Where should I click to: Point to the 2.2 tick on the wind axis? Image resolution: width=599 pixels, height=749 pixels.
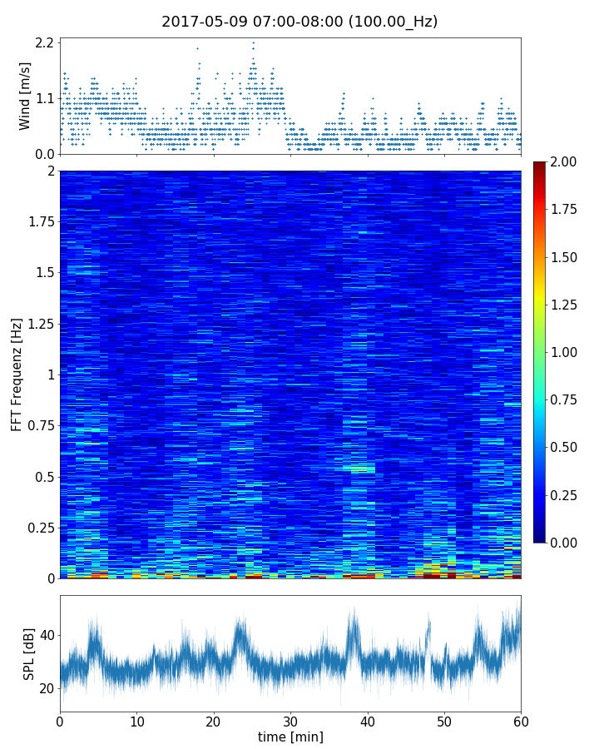pos(45,42)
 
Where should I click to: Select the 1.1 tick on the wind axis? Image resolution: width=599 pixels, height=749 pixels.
pos(45,98)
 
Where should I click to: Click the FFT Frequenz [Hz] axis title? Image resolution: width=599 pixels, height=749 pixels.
pos(17,374)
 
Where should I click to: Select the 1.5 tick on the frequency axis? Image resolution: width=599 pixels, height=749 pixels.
pos(44,273)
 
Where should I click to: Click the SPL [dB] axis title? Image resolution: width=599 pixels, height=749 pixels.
pos(29,653)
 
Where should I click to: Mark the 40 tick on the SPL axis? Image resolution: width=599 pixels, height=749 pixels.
pos(47,635)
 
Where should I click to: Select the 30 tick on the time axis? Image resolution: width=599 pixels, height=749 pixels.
pos(290,722)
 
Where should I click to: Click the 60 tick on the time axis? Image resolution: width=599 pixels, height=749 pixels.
pos(521,722)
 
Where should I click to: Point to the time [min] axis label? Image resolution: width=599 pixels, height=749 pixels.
pos(290,737)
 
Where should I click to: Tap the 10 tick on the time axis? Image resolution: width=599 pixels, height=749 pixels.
pos(136,722)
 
